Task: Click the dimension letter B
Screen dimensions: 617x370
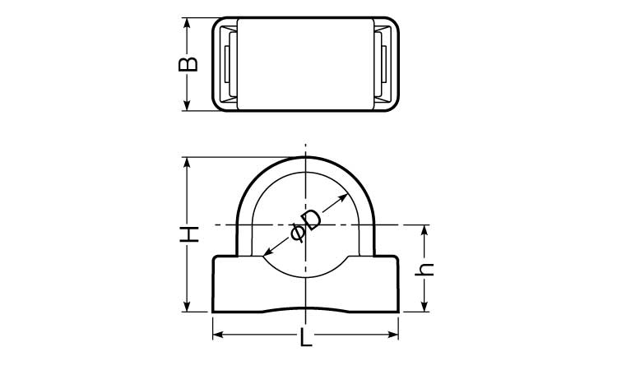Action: click(188, 64)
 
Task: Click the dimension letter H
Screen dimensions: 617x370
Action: click(189, 234)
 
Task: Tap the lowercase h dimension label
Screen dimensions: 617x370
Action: click(424, 270)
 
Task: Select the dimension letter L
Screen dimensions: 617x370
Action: click(306, 337)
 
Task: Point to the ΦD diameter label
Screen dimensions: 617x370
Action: click(306, 227)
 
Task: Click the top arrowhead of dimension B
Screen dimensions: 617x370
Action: click(187, 23)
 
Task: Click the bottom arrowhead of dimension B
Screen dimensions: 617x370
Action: click(187, 105)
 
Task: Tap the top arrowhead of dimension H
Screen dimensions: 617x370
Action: click(187, 163)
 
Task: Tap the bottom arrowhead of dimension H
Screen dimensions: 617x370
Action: click(187, 307)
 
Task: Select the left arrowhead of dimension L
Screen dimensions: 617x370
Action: click(218, 335)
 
